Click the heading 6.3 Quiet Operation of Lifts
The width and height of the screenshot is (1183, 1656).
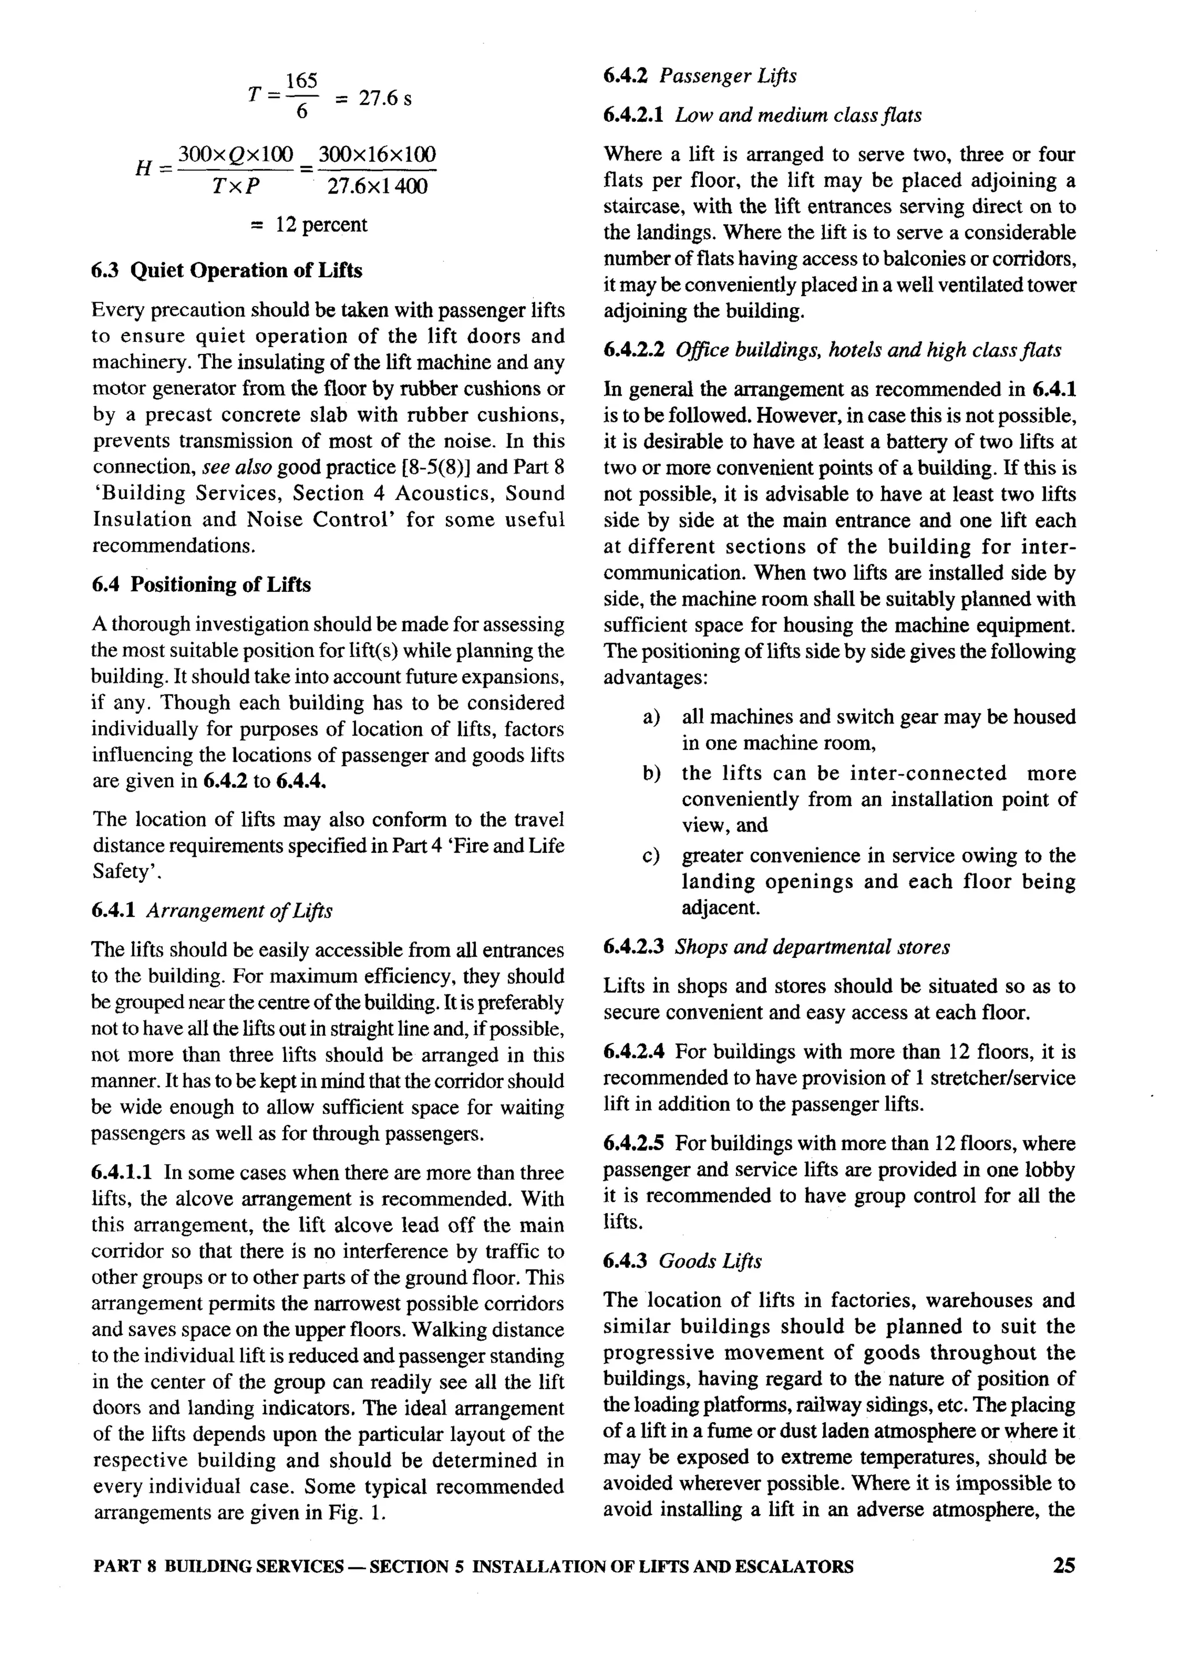(226, 271)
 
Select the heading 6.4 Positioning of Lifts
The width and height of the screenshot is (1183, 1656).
(201, 585)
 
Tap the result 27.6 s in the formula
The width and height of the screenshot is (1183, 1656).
(385, 98)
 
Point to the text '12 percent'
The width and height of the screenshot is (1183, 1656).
(321, 224)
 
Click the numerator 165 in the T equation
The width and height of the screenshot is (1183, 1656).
(301, 81)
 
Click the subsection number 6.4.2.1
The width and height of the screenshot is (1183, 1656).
(633, 115)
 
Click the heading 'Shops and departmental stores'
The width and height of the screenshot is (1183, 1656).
(812, 948)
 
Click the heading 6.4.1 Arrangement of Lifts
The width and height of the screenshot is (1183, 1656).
(211, 911)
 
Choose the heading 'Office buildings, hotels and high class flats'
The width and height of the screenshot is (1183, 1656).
(868, 350)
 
